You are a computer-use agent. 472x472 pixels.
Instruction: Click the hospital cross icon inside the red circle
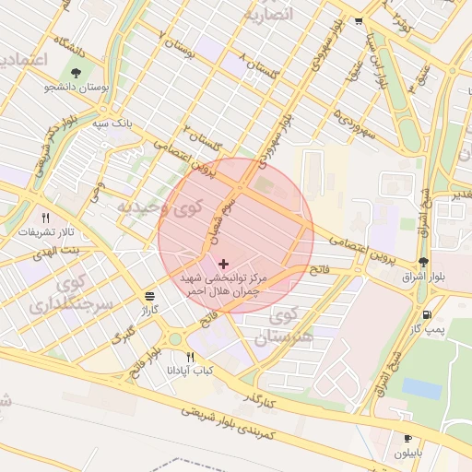(223, 264)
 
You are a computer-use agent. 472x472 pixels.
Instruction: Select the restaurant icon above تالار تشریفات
(33, 218)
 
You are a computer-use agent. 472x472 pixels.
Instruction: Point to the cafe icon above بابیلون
(407, 439)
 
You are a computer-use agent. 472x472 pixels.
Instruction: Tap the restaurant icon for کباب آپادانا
(191, 357)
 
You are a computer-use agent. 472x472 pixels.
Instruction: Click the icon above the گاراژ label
(149, 295)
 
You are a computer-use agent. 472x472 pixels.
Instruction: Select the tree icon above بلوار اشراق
(423, 262)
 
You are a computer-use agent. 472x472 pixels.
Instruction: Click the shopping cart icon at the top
(358, 20)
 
